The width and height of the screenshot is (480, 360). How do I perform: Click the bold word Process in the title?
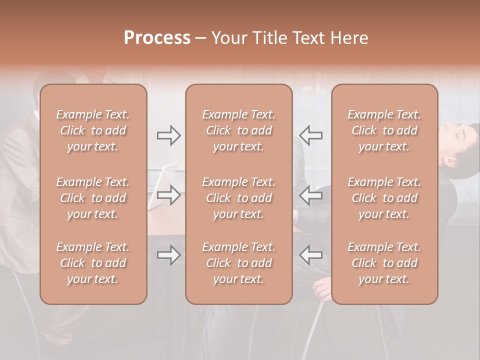pyautogui.click(x=157, y=38)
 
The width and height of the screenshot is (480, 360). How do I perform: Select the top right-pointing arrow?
pyautogui.click(x=169, y=135)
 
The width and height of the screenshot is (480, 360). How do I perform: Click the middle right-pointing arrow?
pyautogui.click(x=169, y=195)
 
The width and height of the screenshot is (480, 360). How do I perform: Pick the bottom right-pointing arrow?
pyautogui.click(x=169, y=255)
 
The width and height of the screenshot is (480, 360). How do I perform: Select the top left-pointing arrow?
pyautogui.click(x=311, y=135)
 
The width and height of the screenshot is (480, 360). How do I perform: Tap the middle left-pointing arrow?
pyautogui.click(x=311, y=195)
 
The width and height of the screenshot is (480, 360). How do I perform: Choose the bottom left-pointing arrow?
pyautogui.click(x=311, y=255)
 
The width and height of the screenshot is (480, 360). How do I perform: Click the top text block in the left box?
pyautogui.click(x=93, y=130)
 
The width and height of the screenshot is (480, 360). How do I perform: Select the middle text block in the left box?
pyautogui.click(x=93, y=198)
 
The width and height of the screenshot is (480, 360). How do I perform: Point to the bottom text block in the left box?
pyautogui.click(x=93, y=263)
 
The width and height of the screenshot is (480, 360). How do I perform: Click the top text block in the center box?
pyautogui.click(x=238, y=130)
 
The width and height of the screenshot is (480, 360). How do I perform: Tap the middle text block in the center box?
pyautogui.click(x=238, y=198)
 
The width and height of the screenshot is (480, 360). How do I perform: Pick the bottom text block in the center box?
pyautogui.click(x=238, y=263)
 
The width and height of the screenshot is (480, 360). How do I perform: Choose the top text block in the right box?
pyautogui.click(x=384, y=130)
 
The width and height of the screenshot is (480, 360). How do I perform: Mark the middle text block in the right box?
pyautogui.click(x=384, y=198)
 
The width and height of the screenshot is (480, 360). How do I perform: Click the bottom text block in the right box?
pyautogui.click(x=384, y=263)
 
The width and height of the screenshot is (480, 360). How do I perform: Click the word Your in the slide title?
pyautogui.click(x=230, y=38)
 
